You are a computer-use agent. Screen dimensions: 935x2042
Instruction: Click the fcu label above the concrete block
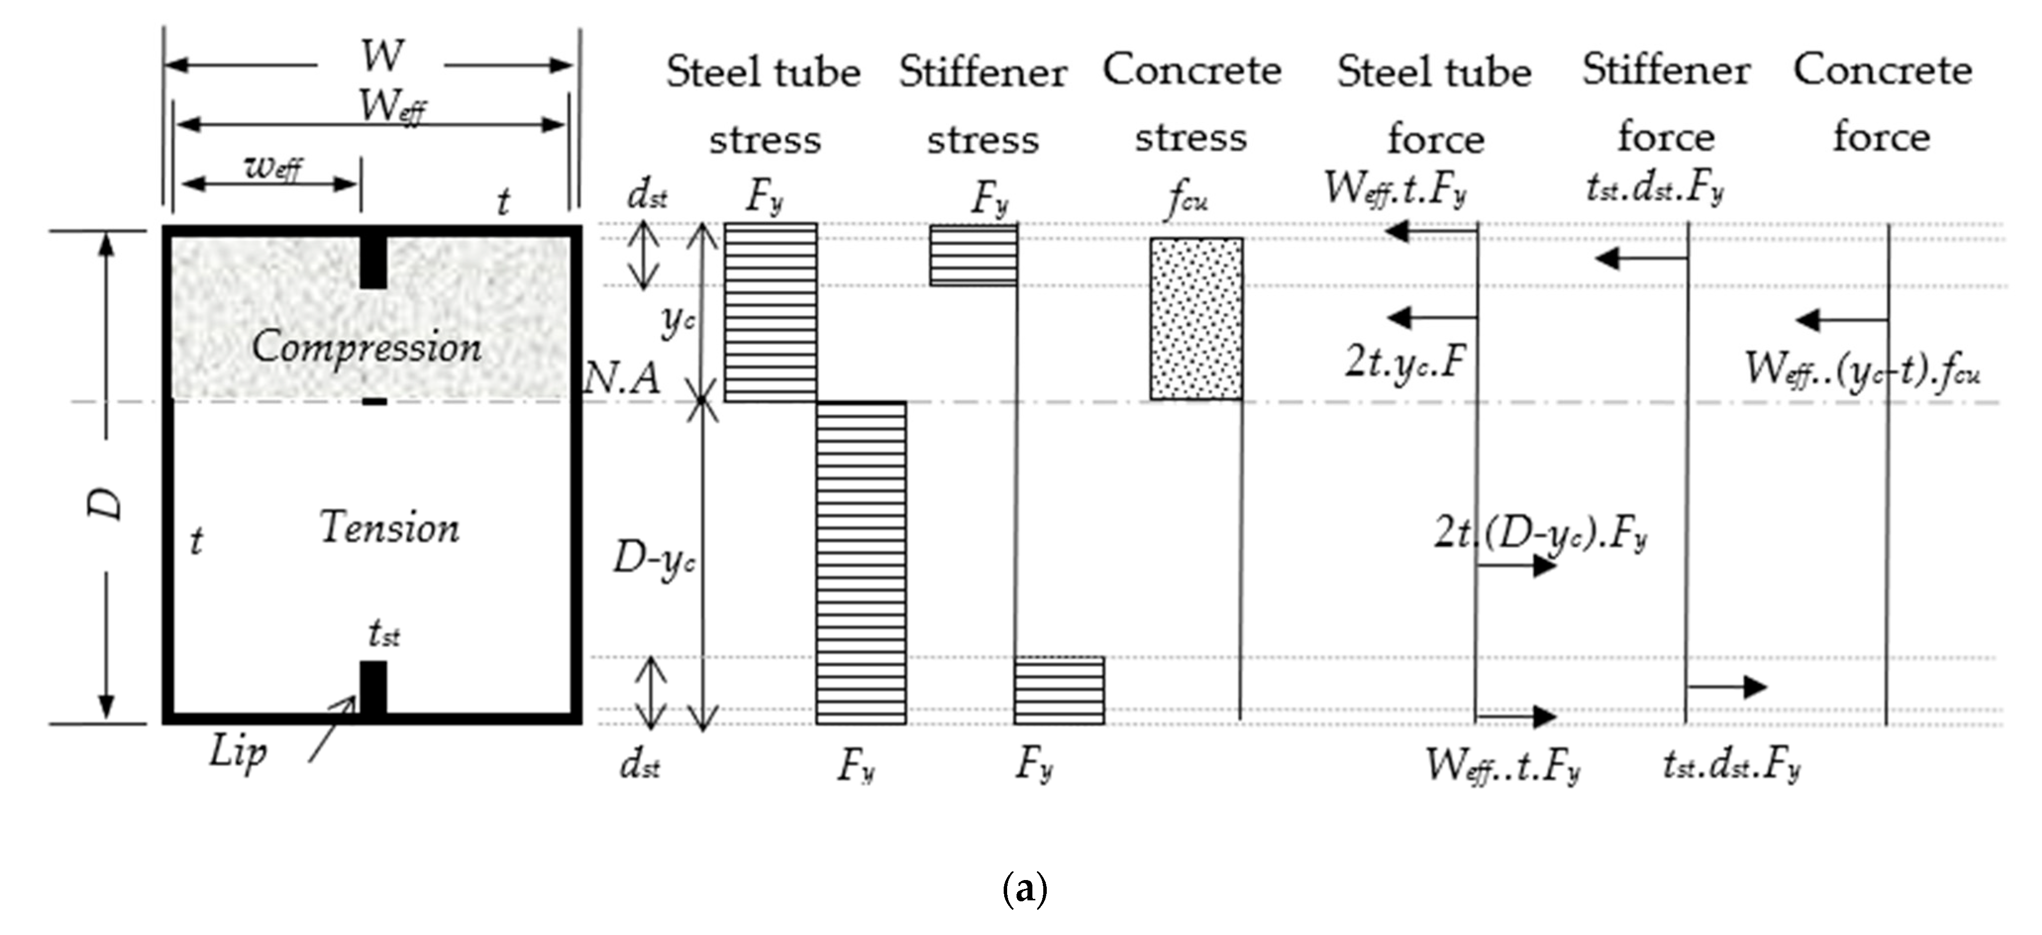1187,200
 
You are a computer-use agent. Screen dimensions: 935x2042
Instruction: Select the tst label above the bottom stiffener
384,634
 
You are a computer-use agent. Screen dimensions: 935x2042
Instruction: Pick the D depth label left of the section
105,503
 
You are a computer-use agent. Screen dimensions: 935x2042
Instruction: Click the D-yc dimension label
654,561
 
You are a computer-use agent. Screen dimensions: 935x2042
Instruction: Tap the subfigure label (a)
1024,889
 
